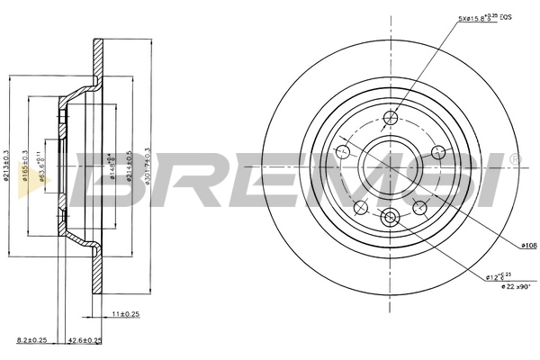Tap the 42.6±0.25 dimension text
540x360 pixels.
point(85,341)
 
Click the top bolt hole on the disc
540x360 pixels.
point(390,117)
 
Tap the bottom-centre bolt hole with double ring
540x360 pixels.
point(390,216)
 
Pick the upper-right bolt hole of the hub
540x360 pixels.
point(437,151)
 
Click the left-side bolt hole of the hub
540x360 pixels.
point(342,151)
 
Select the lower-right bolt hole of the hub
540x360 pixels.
point(419,207)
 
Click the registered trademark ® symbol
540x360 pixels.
point(514,159)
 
